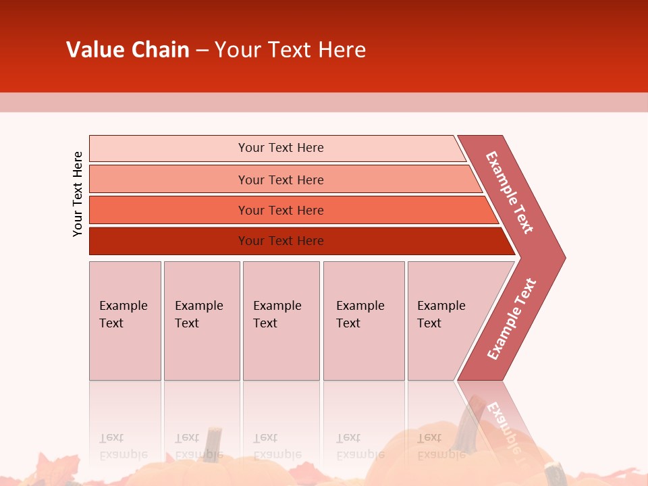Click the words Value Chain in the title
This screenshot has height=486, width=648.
tap(128, 50)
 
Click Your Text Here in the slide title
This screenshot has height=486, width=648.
tap(290, 50)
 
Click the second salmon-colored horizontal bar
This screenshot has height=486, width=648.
tap(281, 180)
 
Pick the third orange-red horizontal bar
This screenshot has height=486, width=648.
tap(281, 210)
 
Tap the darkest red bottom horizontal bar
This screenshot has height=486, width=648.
tap(281, 241)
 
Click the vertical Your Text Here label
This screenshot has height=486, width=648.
tap(78, 194)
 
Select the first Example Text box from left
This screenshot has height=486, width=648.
tap(125, 321)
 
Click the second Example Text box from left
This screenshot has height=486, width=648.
tap(201, 321)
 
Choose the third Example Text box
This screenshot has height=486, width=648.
tap(281, 321)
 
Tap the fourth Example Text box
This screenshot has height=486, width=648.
tap(364, 321)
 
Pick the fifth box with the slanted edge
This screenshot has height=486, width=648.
tap(446, 321)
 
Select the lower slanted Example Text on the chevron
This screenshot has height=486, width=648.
tap(511, 319)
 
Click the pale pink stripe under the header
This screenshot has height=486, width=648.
tap(324, 102)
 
